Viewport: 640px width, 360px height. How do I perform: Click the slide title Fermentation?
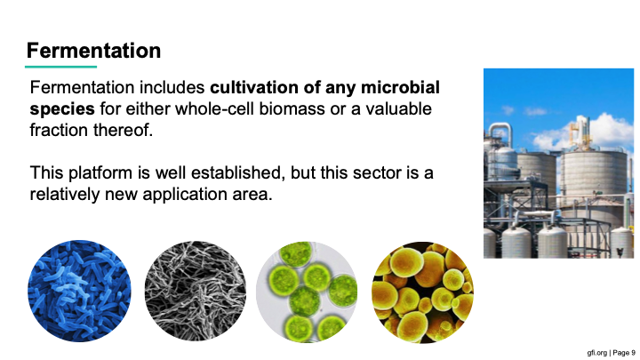click(93, 51)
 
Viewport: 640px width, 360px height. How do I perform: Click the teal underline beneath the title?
click(60, 67)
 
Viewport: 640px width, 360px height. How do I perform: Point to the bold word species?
click(62, 109)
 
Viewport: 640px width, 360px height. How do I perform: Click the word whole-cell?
click(216, 108)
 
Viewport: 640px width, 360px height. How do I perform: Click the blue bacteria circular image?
click(79, 291)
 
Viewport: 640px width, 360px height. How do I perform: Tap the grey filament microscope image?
click(195, 291)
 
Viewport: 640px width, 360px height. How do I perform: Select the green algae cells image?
click(307, 292)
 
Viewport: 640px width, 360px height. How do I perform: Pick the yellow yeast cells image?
click(422, 292)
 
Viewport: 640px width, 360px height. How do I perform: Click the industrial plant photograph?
click(558, 164)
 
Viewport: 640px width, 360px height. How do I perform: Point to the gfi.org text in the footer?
click(596, 353)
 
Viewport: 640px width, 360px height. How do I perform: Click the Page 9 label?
click(624, 353)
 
